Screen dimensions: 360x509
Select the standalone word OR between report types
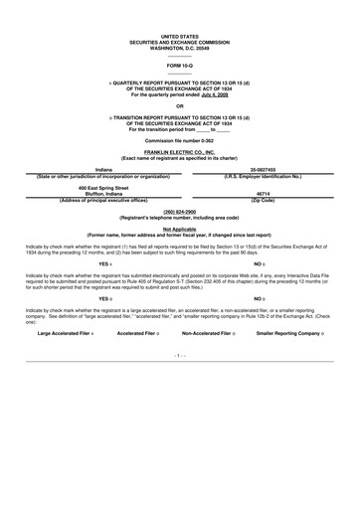(x=179, y=106)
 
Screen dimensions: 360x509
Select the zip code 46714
(x=264, y=194)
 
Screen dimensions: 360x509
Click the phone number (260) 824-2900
(x=179, y=212)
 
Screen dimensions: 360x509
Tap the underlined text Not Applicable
(x=179, y=228)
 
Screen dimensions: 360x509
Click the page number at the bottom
(x=179, y=354)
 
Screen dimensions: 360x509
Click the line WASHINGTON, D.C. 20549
(x=179, y=47)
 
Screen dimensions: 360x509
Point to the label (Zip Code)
(x=264, y=200)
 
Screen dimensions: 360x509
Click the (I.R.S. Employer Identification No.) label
(x=264, y=176)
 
